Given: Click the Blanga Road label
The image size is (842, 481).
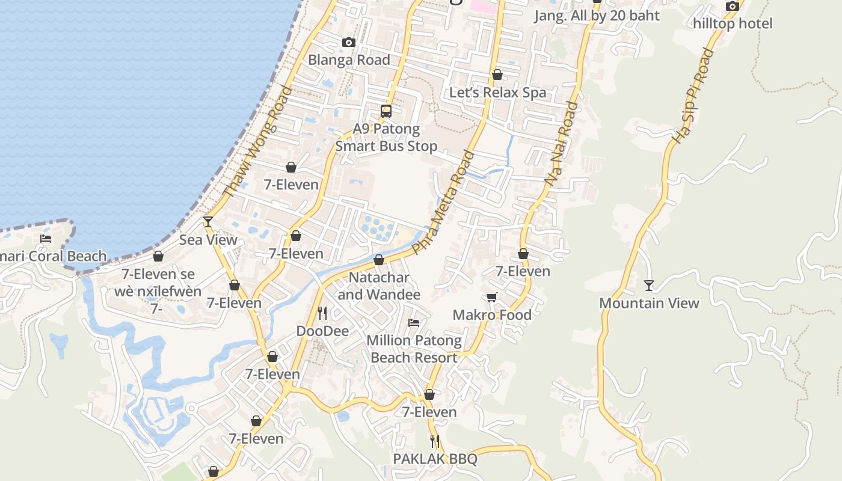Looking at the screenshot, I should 349,60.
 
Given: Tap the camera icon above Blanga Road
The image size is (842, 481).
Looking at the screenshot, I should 348,42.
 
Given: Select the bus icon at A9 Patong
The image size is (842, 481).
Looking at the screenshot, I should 386,111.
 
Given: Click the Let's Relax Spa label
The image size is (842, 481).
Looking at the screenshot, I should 498,93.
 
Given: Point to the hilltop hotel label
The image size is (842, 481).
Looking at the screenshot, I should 733,23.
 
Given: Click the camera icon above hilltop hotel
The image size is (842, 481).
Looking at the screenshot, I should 732,7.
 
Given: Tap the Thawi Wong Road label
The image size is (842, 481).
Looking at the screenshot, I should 257,142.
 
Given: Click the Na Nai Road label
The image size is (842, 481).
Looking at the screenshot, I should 561,143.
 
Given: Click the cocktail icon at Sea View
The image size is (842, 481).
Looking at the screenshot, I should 208,222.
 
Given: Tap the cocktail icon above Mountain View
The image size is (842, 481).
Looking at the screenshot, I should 649,285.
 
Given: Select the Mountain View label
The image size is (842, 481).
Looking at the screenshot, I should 649,303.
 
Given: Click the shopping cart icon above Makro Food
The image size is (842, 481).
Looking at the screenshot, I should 492,297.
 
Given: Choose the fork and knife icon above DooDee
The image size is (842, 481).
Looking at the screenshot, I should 322,313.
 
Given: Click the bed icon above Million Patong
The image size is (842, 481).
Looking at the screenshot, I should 414,323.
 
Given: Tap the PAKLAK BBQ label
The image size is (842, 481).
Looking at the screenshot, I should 435,459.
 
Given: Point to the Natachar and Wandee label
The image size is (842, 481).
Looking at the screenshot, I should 379,286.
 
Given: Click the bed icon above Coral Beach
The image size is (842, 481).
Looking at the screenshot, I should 46,239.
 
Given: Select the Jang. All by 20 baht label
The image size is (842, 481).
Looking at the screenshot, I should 597,16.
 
